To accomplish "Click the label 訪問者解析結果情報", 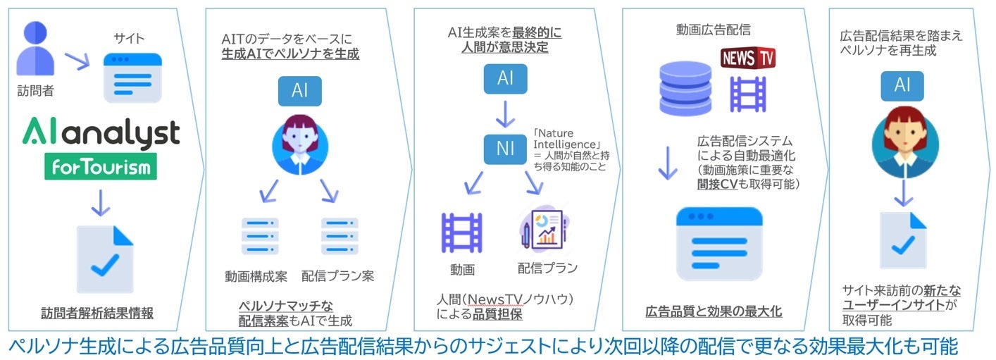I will (x=97, y=314).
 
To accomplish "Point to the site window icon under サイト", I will (x=132, y=75).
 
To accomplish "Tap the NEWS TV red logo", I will (x=747, y=58).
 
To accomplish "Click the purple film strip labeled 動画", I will (x=461, y=232).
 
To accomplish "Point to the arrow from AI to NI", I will (x=505, y=113).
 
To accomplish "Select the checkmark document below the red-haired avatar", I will (x=902, y=240).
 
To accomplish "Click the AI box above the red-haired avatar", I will (x=902, y=86).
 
